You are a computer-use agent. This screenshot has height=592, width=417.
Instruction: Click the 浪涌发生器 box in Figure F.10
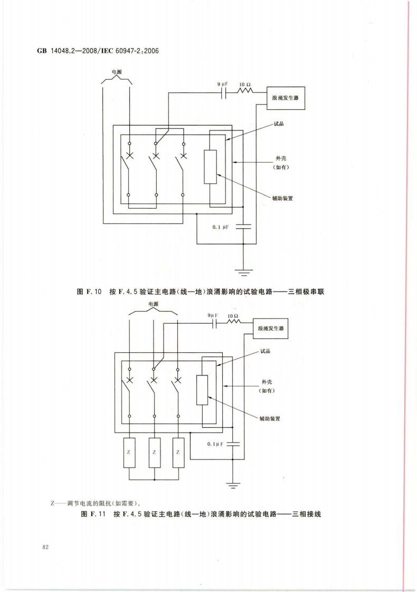[x=286, y=98]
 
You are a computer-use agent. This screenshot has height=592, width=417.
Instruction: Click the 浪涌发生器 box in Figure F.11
[x=270, y=328]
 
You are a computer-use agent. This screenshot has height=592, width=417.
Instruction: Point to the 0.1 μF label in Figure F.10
[x=221, y=227]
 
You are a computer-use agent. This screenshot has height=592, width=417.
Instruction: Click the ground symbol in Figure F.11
[x=233, y=486]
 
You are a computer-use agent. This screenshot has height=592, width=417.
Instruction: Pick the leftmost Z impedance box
[x=129, y=453]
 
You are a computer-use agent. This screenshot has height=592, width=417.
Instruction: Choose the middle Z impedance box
[x=154, y=453]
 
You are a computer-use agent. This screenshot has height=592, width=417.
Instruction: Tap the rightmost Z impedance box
[x=178, y=453]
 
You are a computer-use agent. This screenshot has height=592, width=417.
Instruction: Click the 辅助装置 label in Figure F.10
[x=282, y=198]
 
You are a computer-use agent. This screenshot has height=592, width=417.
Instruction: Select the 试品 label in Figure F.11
[x=266, y=351]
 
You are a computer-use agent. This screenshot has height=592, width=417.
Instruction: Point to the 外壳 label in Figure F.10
[x=281, y=158]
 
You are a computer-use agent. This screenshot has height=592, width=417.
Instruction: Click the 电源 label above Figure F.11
[x=153, y=304]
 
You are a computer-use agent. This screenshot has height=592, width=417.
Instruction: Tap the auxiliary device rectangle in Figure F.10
[x=211, y=167]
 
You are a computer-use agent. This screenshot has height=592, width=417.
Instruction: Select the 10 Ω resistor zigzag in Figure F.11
[x=233, y=322]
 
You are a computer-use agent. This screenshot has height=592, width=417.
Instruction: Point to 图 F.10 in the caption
[x=89, y=292]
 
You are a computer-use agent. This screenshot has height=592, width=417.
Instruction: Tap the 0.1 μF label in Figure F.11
[x=215, y=444]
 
